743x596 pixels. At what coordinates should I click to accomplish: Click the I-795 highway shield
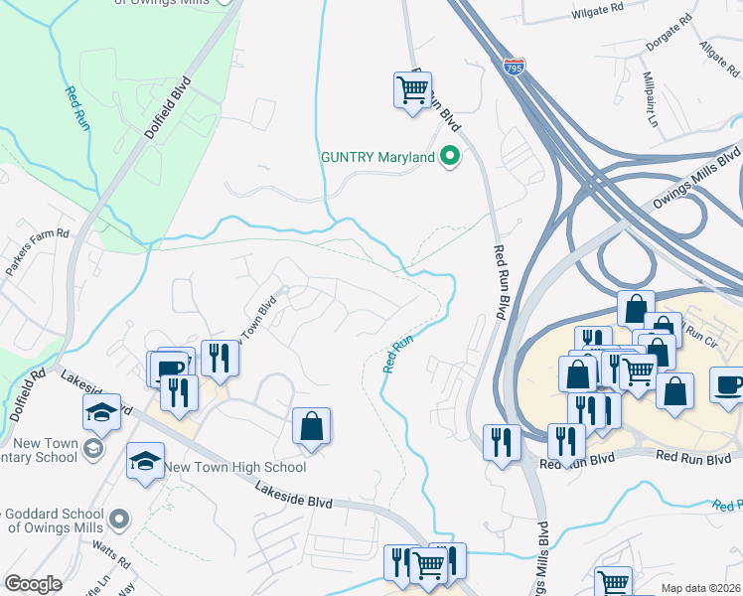pos(514,68)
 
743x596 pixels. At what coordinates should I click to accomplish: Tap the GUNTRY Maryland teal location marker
pos(450,157)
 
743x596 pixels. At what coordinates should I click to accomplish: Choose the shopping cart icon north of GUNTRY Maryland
pos(412,91)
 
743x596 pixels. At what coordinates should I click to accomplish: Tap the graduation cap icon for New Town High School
pos(145,461)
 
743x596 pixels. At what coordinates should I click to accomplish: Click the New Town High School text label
pos(235,467)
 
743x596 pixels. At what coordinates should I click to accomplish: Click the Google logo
pos(33,583)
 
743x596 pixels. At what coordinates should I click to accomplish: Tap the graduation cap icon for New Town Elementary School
pos(101,412)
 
